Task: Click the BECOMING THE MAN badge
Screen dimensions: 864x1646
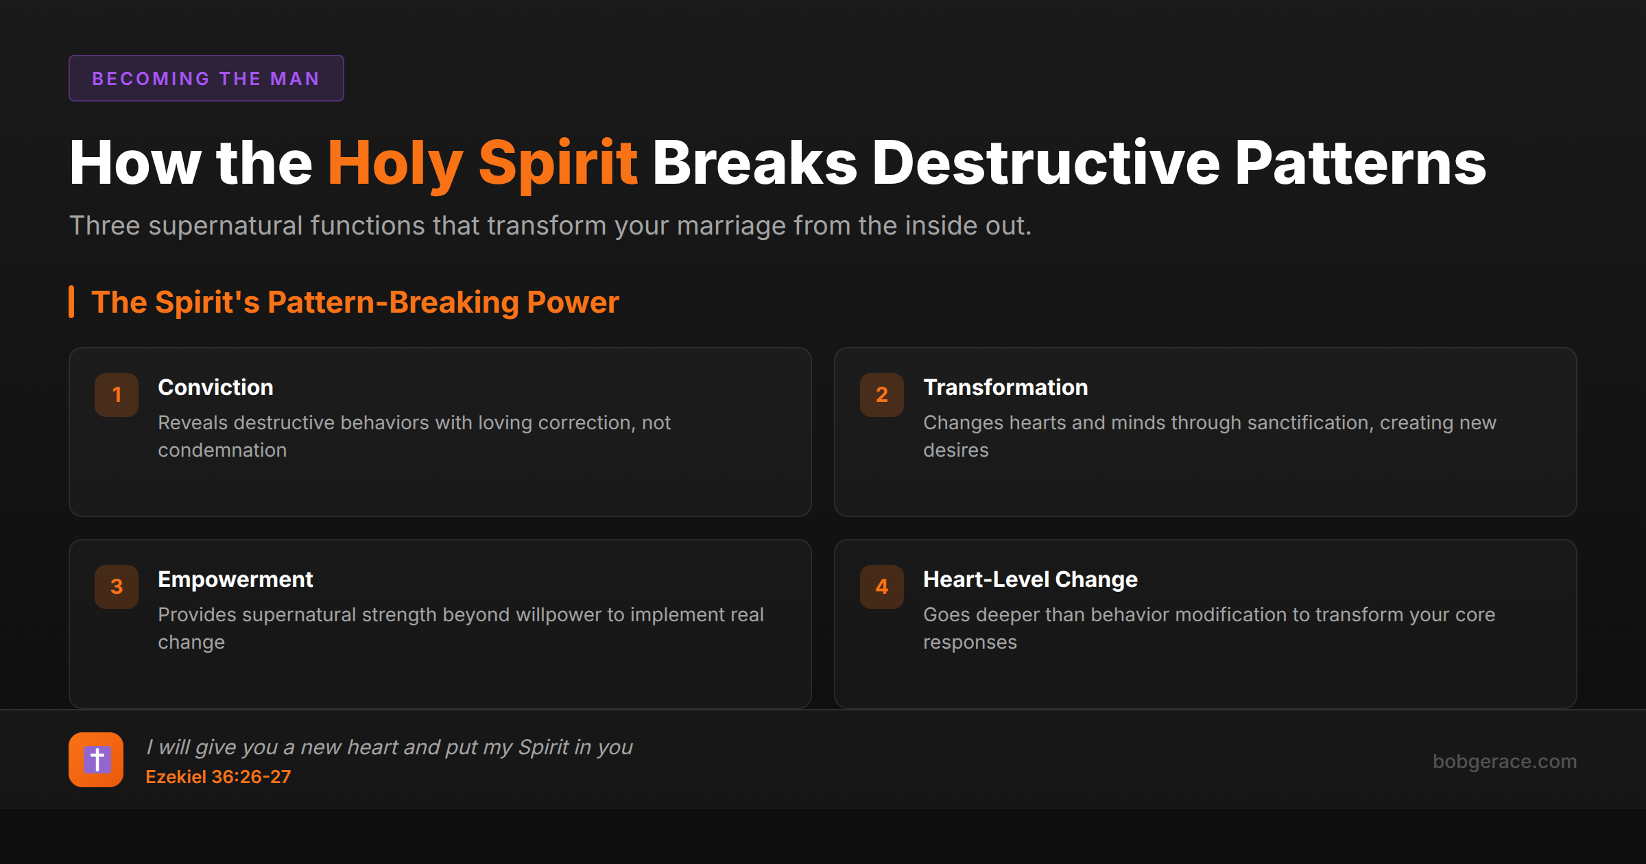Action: tap(206, 78)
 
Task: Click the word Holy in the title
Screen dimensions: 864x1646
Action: tap(395, 163)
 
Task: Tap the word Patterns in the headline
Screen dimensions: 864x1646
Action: tap(1360, 163)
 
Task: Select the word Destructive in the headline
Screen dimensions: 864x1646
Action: tap(1045, 163)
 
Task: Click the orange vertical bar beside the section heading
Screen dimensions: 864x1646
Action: tap(71, 302)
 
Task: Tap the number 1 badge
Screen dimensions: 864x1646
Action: tap(117, 394)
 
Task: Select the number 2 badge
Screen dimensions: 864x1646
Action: tap(882, 394)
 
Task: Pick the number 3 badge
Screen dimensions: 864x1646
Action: tap(117, 586)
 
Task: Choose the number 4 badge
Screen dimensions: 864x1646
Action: tap(882, 586)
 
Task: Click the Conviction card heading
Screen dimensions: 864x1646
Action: tap(215, 387)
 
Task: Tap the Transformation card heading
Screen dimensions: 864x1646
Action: tap(1005, 387)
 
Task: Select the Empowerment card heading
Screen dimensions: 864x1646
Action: tap(235, 579)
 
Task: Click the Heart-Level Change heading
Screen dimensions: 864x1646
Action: tap(1030, 579)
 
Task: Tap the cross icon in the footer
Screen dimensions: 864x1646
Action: tap(96, 760)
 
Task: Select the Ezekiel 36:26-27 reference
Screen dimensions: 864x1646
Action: tap(218, 777)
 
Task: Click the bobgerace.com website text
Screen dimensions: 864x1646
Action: tap(1505, 761)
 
